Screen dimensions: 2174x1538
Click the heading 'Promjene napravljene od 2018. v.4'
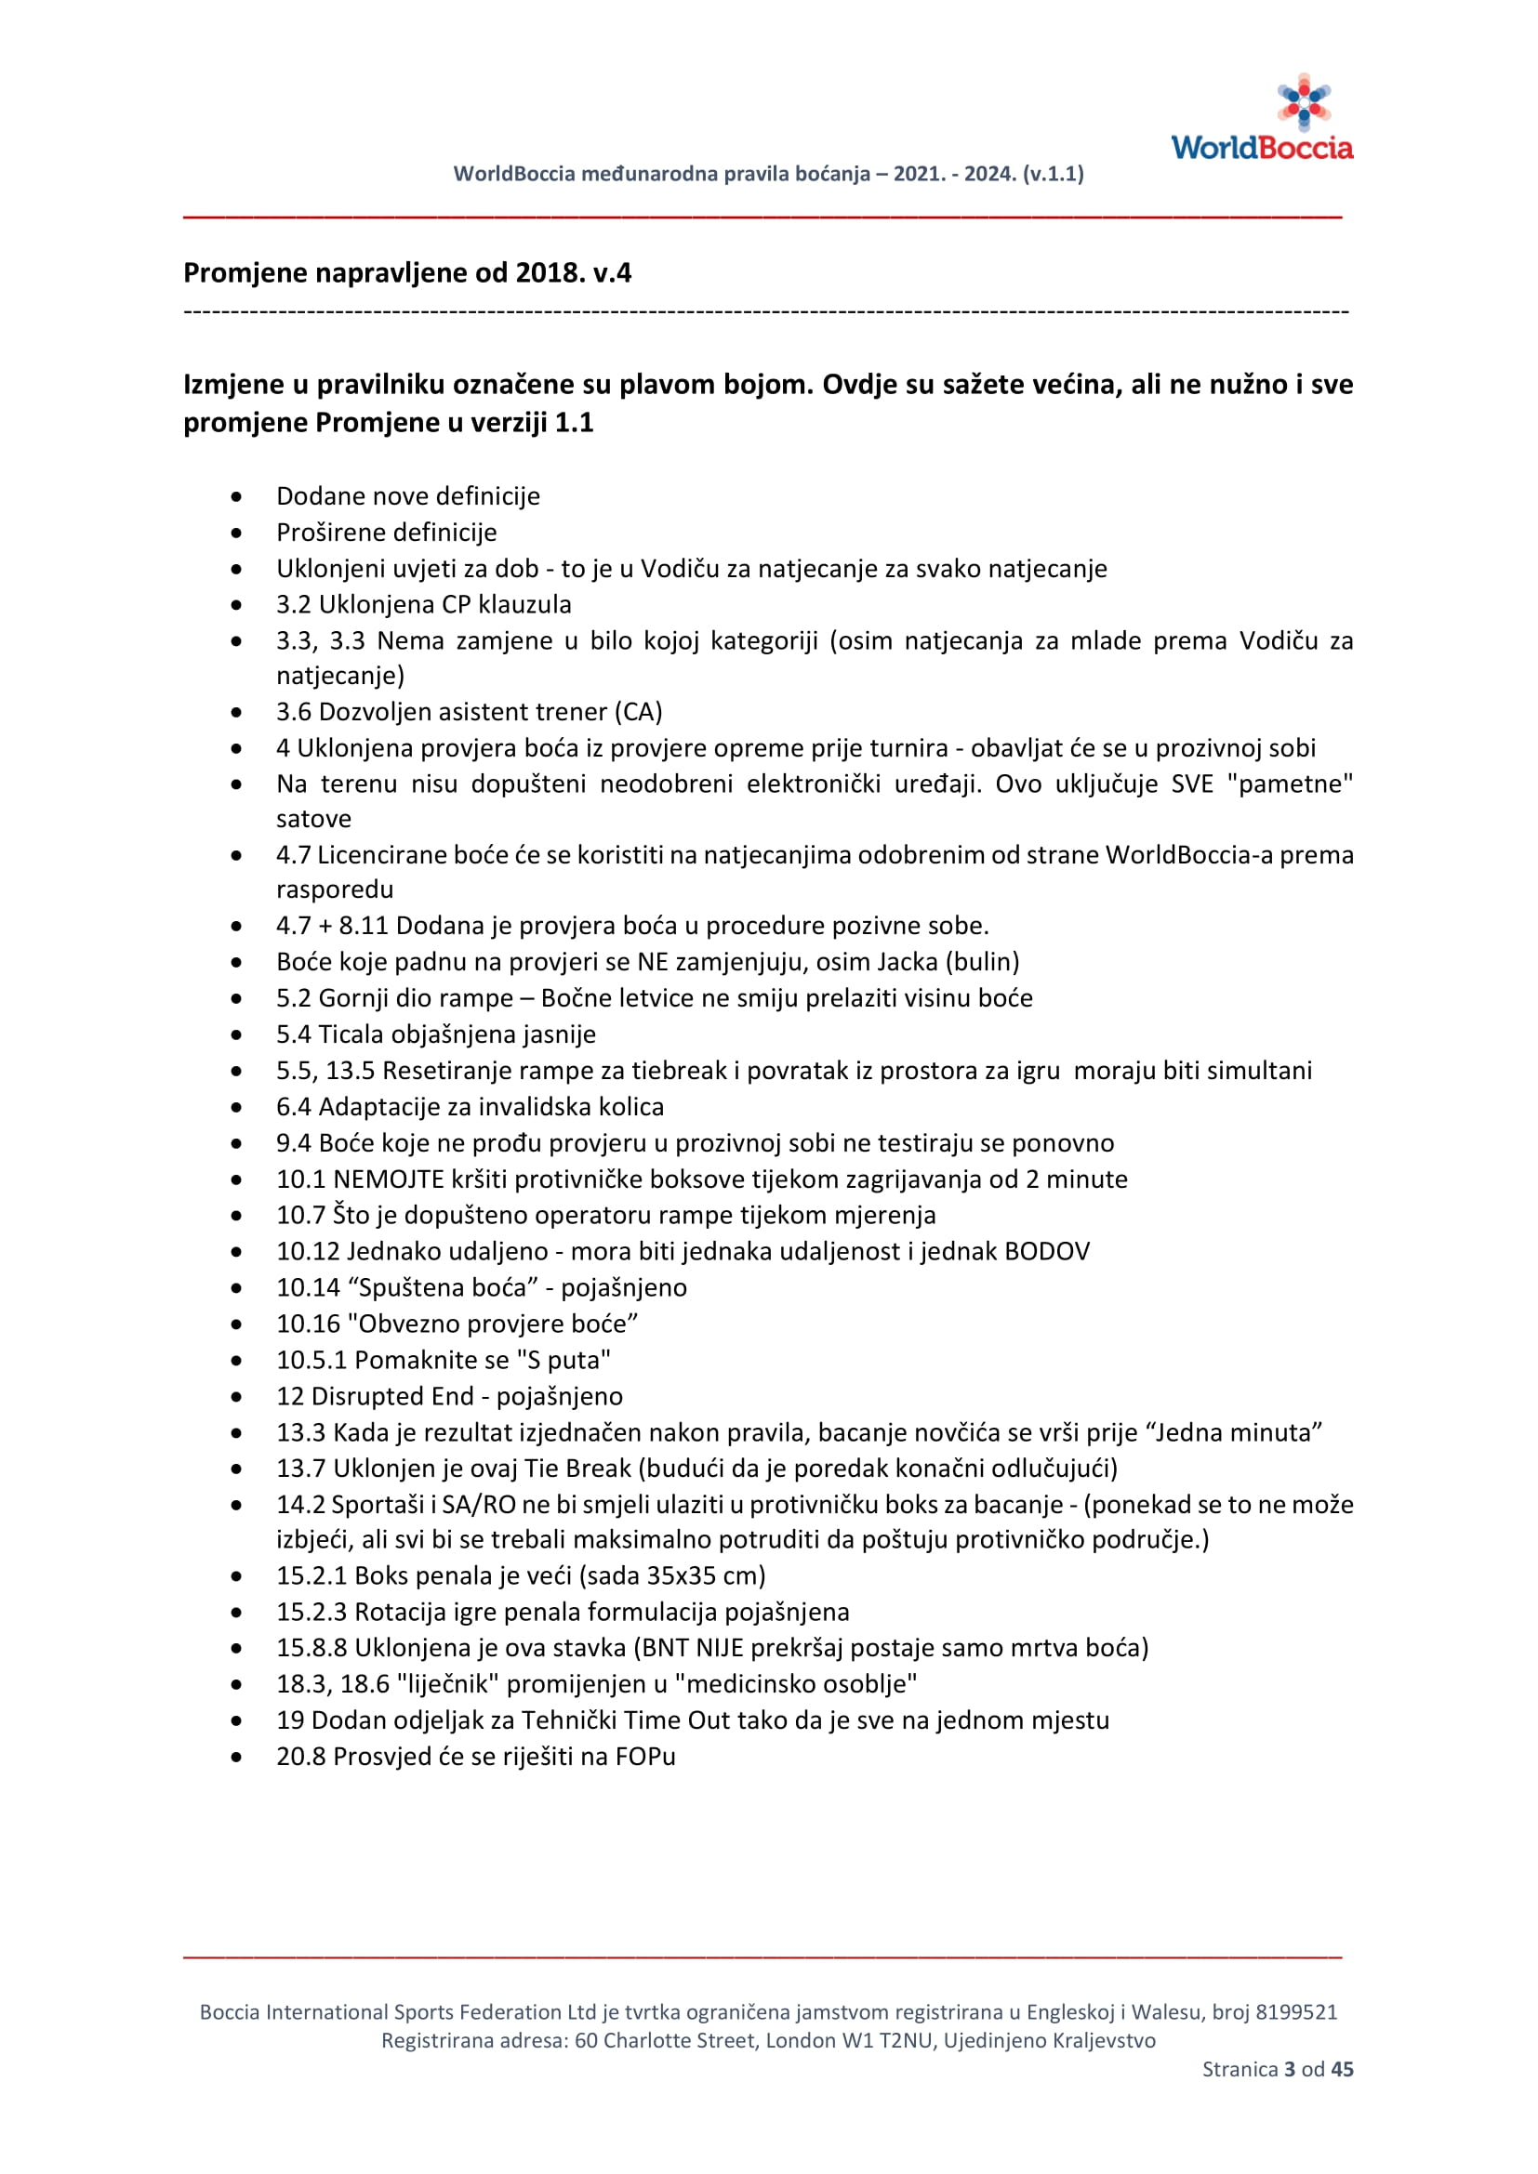[x=407, y=272]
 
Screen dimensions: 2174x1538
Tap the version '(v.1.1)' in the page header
[x=1054, y=174]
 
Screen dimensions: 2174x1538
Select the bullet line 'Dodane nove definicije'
[x=408, y=496]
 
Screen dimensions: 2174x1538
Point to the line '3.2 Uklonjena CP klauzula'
[x=423, y=604]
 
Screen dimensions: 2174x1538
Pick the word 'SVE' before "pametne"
[x=1191, y=784]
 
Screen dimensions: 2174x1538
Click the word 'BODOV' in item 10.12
[x=1046, y=1252]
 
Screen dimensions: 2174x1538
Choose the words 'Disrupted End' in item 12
[x=392, y=1397]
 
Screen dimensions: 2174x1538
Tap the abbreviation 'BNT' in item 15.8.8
[x=666, y=1648]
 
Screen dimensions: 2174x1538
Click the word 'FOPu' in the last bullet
[x=645, y=1757]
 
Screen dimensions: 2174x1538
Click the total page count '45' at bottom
[x=1342, y=2069]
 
